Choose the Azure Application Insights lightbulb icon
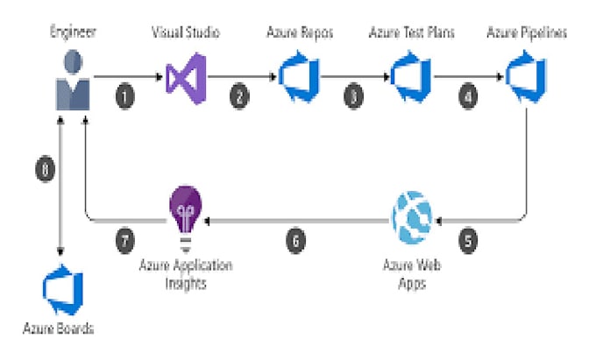point(186,215)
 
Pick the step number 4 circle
point(470,96)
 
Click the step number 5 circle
point(469,238)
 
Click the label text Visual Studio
point(185,33)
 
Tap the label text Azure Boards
point(59,330)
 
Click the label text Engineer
point(72,33)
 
